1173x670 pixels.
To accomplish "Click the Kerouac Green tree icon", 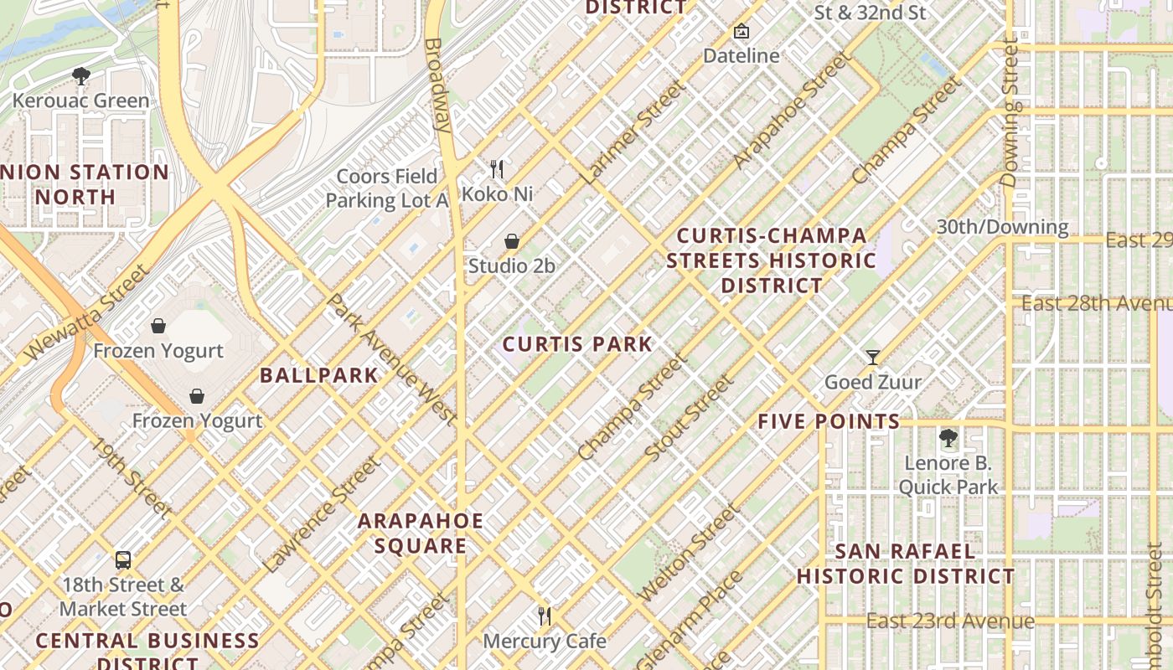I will pos(81,76).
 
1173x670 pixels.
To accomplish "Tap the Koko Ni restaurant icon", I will pos(497,169).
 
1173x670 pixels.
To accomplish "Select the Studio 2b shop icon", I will pos(512,241).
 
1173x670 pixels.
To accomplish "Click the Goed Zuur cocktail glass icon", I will pos(873,358).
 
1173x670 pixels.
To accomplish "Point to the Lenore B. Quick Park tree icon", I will pos(948,437).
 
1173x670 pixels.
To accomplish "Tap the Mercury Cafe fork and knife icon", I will pos(545,616).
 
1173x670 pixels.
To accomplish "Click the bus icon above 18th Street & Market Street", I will pos(123,559).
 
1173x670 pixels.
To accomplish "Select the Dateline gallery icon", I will pos(741,32).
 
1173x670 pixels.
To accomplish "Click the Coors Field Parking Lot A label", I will pos(387,188).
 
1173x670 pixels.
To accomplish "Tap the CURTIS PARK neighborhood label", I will pos(577,344).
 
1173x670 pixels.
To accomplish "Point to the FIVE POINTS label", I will pos(829,421).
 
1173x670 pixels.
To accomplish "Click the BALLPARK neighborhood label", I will pos(319,375).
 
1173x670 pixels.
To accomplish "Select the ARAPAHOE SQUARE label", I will pos(421,533).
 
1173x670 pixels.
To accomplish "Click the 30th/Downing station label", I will pos(1002,227).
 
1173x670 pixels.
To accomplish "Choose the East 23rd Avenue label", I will pos(950,621).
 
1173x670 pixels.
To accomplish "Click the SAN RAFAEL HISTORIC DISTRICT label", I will pos(906,564).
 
